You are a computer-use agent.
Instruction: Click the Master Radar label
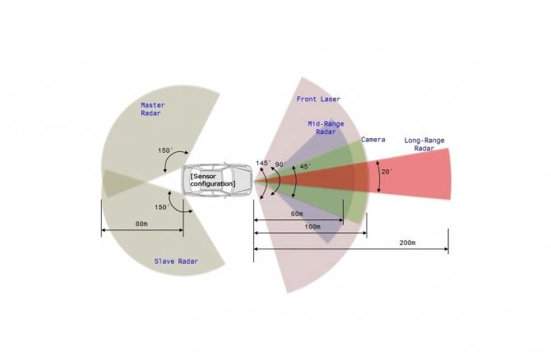(x=152, y=108)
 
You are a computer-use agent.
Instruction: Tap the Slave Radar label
(x=176, y=261)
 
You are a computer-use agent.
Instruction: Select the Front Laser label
(x=318, y=99)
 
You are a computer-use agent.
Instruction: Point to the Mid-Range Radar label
(x=326, y=127)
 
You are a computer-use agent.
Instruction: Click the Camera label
(x=373, y=140)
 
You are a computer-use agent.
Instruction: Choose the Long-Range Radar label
(x=424, y=145)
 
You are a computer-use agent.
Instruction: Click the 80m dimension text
(x=141, y=224)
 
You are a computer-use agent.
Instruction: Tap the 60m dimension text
(x=297, y=214)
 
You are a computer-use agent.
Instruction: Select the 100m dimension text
(x=313, y=227)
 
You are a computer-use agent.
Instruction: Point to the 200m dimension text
(x=408, y=242)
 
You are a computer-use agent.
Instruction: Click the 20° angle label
(x=387, y=172)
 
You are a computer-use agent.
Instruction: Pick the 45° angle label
(x=305, y=166)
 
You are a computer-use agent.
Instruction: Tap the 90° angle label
(x=280, y=164)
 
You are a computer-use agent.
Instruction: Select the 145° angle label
(x=263, y=163)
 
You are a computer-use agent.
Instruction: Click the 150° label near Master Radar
(x=165, y=150)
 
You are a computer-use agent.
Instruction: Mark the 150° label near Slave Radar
(x=162, y=207)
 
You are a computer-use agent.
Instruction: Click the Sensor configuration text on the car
(x=213, y=180)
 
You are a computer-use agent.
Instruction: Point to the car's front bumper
(x=251, y=181)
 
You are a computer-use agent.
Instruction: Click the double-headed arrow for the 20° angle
(x=378, y=177)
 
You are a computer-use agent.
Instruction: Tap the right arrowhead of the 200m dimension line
(x=447, y=249)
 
